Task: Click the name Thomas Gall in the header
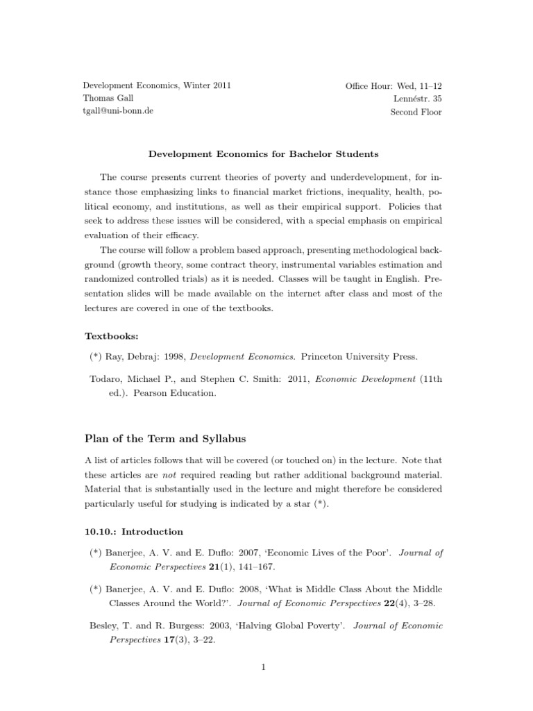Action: coord(108,99)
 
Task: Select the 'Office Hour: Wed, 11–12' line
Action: coord(394,86)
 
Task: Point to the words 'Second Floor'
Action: coord(416,112)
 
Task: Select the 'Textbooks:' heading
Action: coord(112,336)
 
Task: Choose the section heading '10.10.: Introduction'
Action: coord(134,532)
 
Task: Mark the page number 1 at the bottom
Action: coord(264,668)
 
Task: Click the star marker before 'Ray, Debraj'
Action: coord(95,357)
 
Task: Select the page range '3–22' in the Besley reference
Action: coord(195,639)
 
